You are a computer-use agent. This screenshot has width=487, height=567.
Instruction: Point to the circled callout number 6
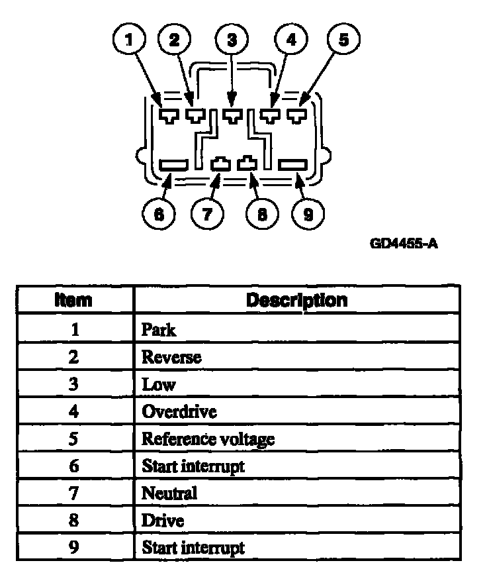point(159,215)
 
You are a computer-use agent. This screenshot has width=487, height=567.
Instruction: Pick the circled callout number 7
point(207,215)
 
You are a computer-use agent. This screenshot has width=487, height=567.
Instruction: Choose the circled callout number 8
point(262,215)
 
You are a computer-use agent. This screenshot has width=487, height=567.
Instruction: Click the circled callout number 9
point(308,215)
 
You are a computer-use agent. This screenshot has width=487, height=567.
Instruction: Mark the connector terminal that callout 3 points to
point(232,116)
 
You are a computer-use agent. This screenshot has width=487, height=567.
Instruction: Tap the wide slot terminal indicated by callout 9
point(292,164)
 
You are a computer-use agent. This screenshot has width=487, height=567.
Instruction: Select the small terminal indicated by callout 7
point(220,163)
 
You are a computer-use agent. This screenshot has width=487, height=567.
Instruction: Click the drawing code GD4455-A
point(404,244)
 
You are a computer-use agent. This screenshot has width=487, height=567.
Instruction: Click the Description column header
point(296,300)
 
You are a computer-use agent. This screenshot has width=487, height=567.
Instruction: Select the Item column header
point(74,300)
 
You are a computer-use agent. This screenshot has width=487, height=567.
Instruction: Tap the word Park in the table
point(159,329)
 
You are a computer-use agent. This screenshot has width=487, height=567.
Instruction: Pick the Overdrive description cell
point(179,411)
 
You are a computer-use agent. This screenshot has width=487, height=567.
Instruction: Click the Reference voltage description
point(208,438)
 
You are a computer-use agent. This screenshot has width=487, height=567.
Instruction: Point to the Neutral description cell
point(169,493)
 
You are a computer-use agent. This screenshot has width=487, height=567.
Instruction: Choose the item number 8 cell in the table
point(74,521)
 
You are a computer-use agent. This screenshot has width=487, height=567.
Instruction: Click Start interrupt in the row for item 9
point(193,548)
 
